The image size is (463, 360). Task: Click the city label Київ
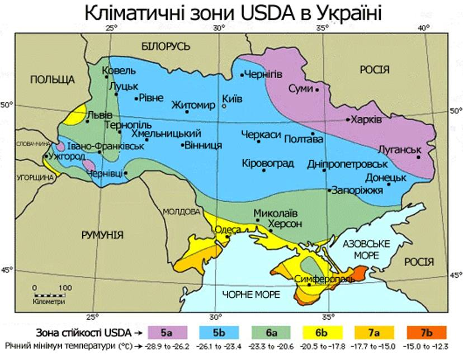tap(233, 99)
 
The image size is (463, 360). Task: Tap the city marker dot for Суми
tap(317, 89)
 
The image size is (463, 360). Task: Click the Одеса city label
tap(228, 230)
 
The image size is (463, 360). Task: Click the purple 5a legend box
tap(166, 332)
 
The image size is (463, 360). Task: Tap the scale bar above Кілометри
tap(49, 294)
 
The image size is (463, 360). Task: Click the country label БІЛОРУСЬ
tap(166, 46)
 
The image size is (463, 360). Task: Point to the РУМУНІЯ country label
tap(102, 235)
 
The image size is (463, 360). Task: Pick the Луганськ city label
tap(399, 150)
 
